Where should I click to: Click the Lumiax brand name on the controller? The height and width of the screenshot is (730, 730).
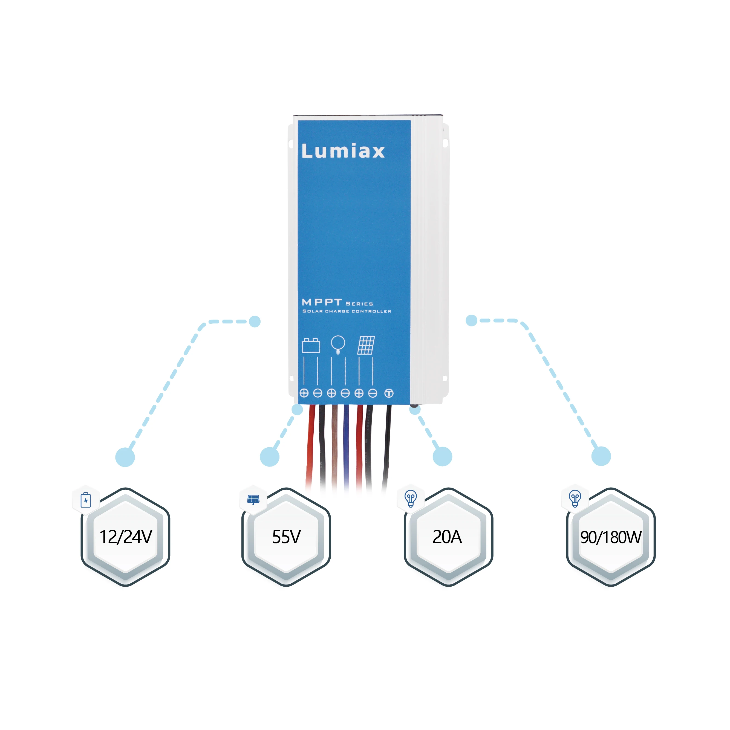pos(343,151)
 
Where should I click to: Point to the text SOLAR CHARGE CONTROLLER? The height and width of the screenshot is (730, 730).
pos(347,311)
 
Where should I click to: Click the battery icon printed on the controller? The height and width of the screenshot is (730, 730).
pos(311,345)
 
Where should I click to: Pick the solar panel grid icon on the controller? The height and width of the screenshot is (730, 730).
pos(366,345)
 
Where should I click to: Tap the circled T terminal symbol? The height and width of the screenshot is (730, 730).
pos(389,393)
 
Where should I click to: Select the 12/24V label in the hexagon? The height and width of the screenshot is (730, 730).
pos(126,537)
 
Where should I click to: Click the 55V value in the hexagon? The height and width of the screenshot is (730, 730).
pos(286,537)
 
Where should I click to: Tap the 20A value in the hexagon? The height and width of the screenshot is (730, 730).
pos(447,537)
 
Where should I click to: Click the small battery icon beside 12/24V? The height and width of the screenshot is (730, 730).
pos(86,500)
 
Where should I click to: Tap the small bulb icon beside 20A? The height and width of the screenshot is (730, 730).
pos(411,498)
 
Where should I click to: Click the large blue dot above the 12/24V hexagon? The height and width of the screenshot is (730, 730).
pos(125,457)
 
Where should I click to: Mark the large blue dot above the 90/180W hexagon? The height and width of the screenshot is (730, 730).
pos(601,456)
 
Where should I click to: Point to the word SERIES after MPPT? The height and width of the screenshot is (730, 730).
pos(359,304)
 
